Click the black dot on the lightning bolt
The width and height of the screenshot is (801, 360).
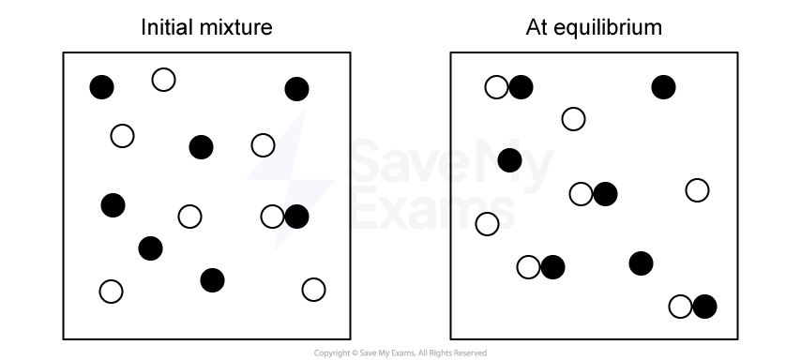coord(297,217)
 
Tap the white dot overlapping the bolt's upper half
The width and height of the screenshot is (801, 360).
coord(264,145)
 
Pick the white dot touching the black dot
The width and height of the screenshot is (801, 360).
coord(273,217)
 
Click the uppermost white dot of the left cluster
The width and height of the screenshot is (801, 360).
coord(164,80)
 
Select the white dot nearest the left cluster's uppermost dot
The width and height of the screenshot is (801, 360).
coord(123,136)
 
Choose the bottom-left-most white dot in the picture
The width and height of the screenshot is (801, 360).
coord(112,292)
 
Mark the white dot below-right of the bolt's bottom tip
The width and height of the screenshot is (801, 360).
coord(314,290)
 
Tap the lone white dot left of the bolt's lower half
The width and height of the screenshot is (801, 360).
coord(190,217)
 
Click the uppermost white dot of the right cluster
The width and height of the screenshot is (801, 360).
coord(497,87)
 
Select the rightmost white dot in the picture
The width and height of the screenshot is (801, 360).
coord(698,190)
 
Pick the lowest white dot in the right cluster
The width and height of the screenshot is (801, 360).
coord(681,307)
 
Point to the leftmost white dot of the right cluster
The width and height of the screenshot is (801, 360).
coord(488,224)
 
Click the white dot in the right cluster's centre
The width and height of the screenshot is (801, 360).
coord(582,194)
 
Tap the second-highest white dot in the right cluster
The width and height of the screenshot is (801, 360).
coord(574,119)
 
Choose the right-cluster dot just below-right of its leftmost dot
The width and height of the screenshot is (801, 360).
coord(529,267)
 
